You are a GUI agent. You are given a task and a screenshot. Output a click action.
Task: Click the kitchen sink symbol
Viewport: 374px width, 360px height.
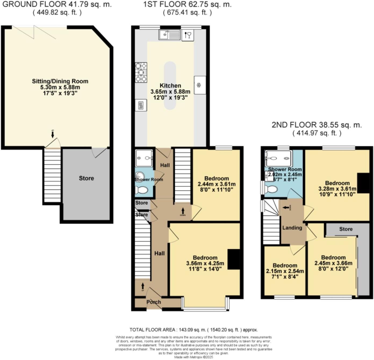(169, 35)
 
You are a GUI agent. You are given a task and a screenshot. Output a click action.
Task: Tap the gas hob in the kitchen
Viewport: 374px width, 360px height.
(141, 72)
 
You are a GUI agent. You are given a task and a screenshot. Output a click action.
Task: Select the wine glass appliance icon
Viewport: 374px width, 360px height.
(188, 35)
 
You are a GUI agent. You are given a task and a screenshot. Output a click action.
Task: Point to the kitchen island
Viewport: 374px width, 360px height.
(170, 85)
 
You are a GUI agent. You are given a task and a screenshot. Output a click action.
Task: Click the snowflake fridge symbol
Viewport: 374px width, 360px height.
(200, 85)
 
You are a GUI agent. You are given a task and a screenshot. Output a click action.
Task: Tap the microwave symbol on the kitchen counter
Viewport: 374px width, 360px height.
(141, 105)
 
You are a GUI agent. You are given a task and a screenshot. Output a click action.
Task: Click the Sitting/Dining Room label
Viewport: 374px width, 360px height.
(60, 81)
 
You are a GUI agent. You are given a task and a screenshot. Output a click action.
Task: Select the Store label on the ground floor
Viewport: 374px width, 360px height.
(86, 178)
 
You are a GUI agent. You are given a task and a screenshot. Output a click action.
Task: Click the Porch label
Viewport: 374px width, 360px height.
(153, 302)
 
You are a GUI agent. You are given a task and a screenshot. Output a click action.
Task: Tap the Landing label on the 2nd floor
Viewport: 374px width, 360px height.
(292, 228)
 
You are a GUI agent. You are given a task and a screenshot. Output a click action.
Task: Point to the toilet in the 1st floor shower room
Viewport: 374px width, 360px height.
(142, 190)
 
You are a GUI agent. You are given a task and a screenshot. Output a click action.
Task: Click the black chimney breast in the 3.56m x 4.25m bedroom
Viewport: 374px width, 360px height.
(233, 259)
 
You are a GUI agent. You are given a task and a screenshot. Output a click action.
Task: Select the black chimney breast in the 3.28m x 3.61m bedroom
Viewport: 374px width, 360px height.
(363, 183)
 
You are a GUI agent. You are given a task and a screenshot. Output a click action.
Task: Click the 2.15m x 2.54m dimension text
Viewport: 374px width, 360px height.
(285, 271)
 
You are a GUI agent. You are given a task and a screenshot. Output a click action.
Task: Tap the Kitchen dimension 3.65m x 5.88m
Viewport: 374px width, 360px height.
(170, 92)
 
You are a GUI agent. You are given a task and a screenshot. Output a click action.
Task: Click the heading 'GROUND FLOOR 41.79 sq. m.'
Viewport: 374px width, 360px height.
(57, 4)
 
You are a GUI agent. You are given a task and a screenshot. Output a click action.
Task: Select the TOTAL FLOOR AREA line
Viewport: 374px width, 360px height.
(193, 330)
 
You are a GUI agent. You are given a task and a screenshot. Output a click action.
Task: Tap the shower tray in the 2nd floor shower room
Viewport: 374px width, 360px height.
(278, 159)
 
